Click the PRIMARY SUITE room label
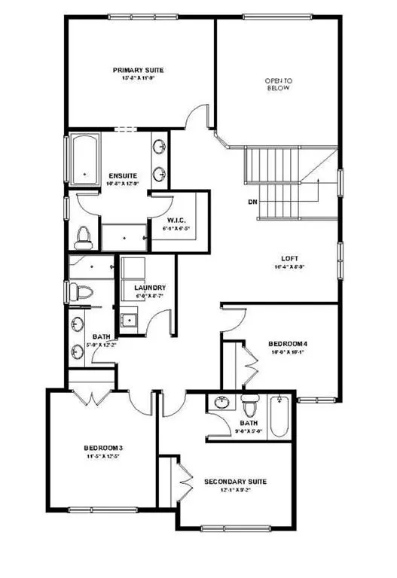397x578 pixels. click(x=139, y=70)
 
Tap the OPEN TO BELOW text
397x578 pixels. click(x=277, y=84)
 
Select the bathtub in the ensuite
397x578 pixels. click(x=84, y=159)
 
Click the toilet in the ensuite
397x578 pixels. click(x=84, y=236)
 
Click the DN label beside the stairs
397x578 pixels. click(x=253, y=202)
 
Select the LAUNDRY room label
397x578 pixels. click(x=150, y=288)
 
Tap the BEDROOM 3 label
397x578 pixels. click(x=103, y=449)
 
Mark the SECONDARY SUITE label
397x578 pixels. click(x=236, y=481)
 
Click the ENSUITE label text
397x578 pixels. click(x=122, y=175)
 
